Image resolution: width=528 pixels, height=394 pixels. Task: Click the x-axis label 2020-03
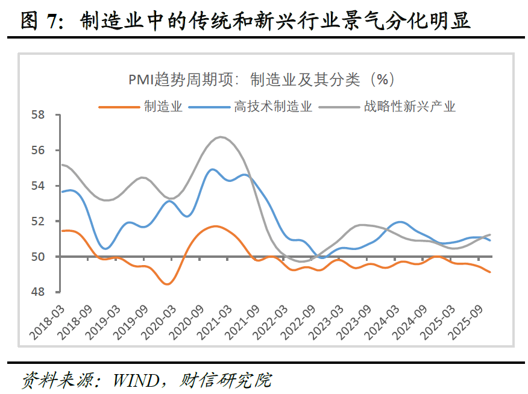(154, 319)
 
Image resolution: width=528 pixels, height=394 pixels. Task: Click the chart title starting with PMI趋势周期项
(261, 80)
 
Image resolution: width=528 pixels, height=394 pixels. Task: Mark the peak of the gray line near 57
(221, 137)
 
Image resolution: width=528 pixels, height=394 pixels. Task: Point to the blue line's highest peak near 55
(212, 169)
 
